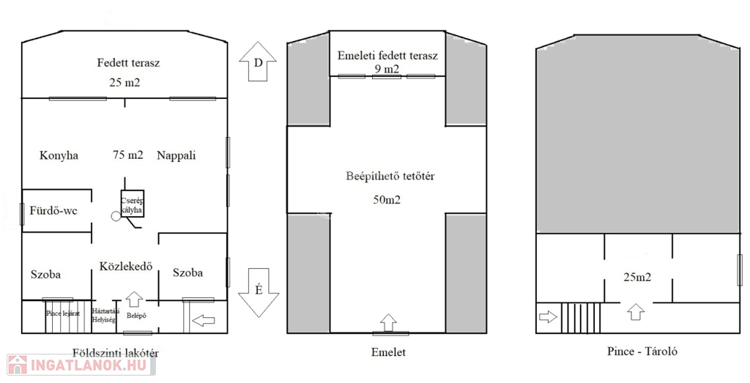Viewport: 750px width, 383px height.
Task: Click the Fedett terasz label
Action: [129, 63]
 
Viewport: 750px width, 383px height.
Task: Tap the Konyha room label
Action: [59, 155]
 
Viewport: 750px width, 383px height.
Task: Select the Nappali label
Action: [177, 155]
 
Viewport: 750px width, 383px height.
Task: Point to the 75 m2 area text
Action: [128, 155]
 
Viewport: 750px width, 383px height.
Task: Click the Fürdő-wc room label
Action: [53, 212]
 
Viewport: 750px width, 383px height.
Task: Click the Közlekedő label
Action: [126, 267]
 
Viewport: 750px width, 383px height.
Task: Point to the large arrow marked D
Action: [258, 62]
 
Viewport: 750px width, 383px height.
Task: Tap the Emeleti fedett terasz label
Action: [387, 56]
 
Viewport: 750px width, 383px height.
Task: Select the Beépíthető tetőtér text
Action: [386, 176]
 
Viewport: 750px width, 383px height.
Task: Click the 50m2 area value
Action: [387, 199]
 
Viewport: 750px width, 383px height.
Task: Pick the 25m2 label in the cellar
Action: [636, 278]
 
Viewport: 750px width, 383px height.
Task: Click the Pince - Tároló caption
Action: [642, 352]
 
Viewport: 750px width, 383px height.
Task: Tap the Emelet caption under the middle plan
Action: [389, 352]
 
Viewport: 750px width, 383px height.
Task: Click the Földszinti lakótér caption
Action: [116, 352]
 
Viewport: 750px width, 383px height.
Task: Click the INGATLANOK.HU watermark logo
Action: [82, 365]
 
